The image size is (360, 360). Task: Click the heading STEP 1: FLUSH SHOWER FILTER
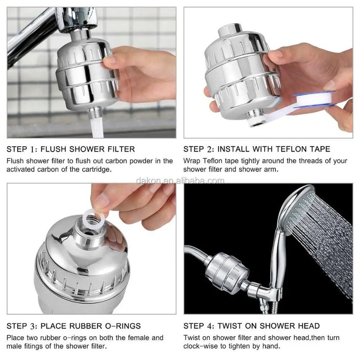[71, 149]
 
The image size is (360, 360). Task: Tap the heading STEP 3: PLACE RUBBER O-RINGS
[74, 326]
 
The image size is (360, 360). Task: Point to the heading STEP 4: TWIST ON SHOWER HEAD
[252, 326]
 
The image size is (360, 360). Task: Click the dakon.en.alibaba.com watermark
[180, 181]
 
